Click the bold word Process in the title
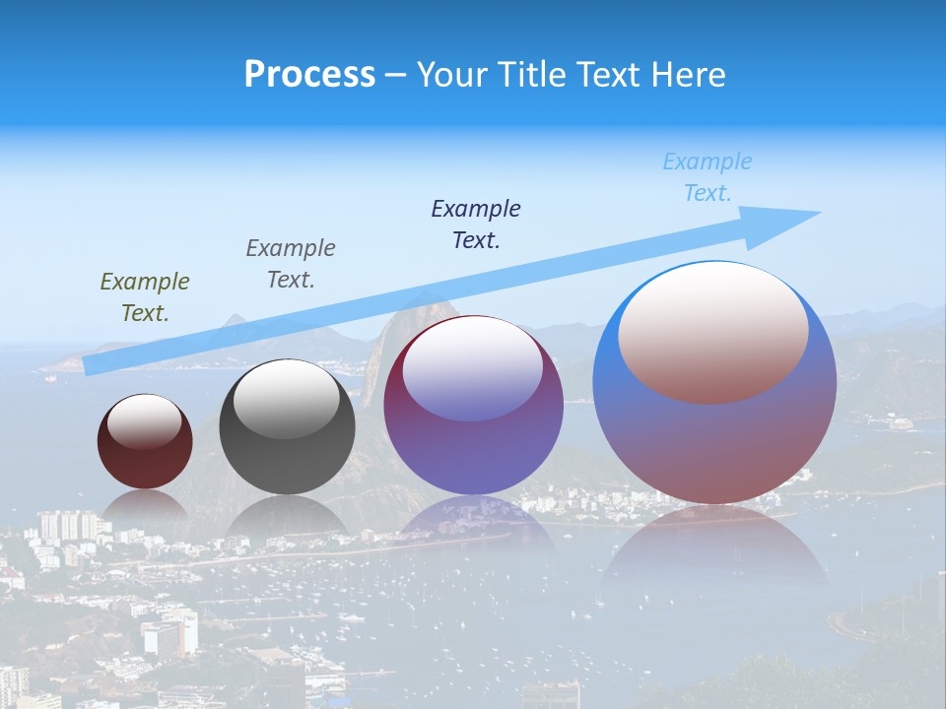pyautogui.click(x=309, y=75)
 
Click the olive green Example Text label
pyautogui.click(x=145, y=297)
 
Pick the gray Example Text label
pyautogui.click(x=291, y=264)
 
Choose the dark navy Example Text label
pyautogui.click(x=476, y=225)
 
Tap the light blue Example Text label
pyautogui.click(x=708, y=177)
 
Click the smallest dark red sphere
pyautogui.click(x=145, y=458)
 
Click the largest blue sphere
pyautogui.click(x=714, y=443)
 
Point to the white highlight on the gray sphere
pyautogui.click(x=287, y=400)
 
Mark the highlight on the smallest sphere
pyautogui.click(x=145, y=421)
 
